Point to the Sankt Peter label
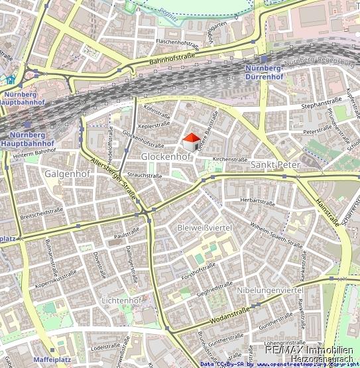[x=275, y=164]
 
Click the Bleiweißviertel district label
[x=204, y=227]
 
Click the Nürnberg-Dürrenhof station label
[x=264, y=72]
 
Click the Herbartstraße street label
[x=258, y=200]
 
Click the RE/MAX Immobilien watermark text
[x=308, y=349]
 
